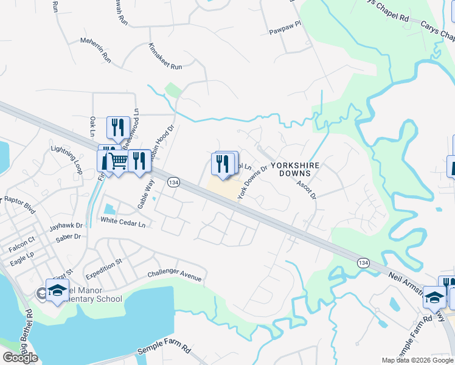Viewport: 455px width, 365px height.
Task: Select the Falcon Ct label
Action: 22,248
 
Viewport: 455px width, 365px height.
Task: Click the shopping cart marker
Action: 119,161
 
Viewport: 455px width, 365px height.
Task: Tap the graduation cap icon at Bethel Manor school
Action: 57,291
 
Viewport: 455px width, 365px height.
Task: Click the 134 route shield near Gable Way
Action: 173,182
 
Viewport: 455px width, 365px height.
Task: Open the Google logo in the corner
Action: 20,358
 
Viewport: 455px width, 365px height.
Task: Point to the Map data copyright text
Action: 417,360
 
